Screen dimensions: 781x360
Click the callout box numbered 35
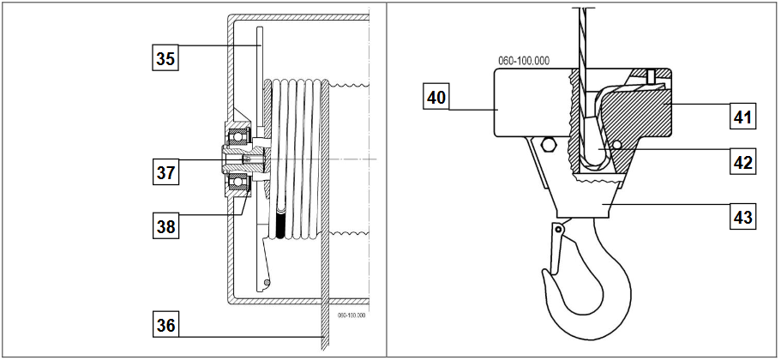click(x=165, y=57)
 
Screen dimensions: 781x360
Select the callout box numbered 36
click(x=165, y=325)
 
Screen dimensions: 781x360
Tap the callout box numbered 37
click(x=165, y=172)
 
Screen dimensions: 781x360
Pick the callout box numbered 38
click(x=165, y=226)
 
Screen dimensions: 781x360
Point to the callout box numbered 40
click(x=436, y=96)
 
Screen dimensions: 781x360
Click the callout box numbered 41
click(x=742, y=117)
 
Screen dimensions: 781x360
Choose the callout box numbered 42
click(x=742, y=161)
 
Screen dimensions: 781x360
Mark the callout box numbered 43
click(x=742, y=216)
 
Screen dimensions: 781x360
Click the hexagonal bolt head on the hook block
click(x=548, y=146)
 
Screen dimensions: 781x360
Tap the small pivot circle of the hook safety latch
click(x=559, y=230)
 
